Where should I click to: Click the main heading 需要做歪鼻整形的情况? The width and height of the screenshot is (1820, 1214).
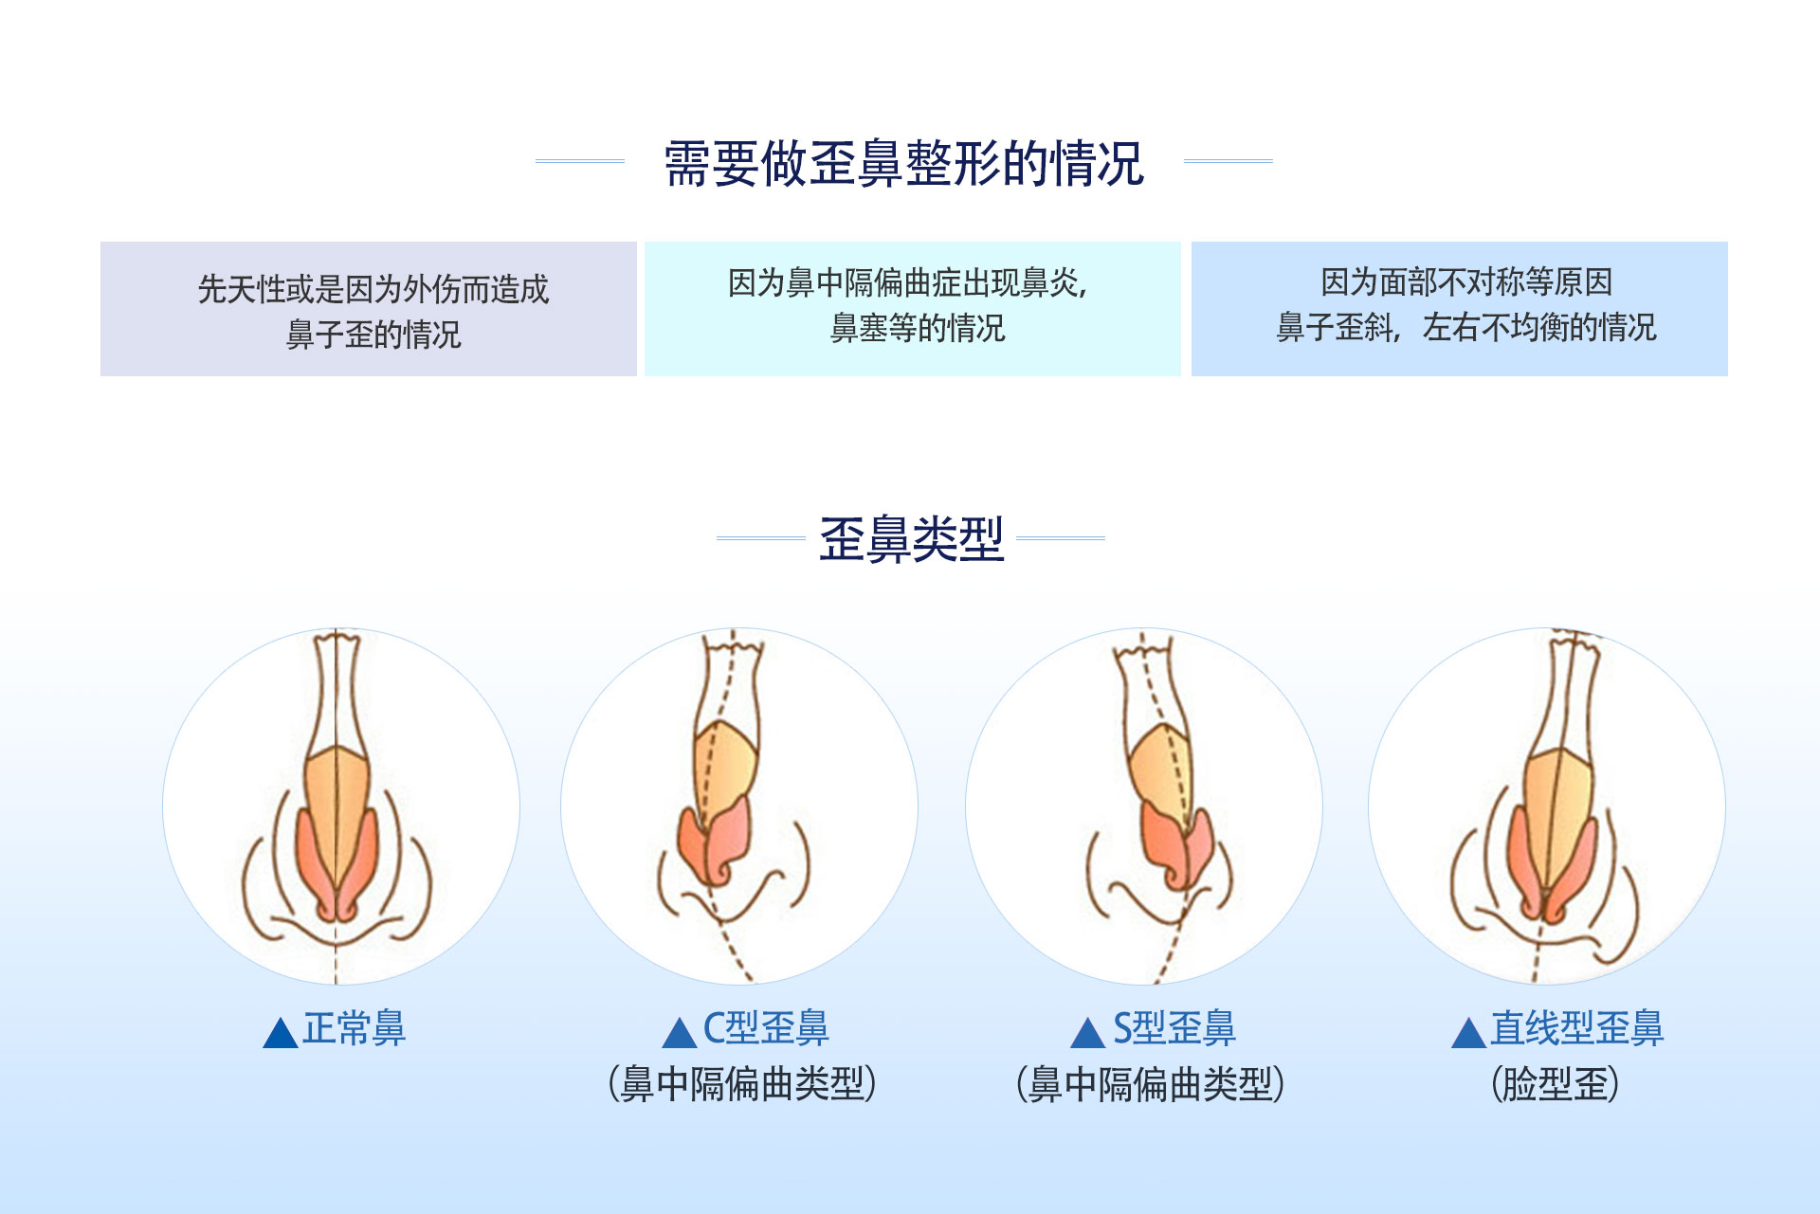tap(904, 163)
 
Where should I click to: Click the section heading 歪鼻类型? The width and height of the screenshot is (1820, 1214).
tap(911, 539)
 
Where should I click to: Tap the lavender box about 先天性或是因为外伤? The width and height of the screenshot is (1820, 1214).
tap(369, 309)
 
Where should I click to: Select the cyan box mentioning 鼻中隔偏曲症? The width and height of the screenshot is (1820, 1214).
tap(913, 309)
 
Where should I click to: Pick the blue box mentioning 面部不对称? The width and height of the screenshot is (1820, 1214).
tap(1460, 309)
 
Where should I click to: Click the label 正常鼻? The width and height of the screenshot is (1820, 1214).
tap(354, 1028)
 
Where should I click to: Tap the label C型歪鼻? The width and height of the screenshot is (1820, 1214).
tap(766, 1028)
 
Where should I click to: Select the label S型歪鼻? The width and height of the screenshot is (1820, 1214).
tap(1174, 1028)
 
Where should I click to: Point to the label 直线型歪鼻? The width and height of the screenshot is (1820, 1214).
tap(1576, 1028)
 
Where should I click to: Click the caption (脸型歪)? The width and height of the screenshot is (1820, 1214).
tap(1556, 1084)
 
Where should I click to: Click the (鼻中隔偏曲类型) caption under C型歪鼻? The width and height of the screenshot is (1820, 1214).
tap(742, 1084)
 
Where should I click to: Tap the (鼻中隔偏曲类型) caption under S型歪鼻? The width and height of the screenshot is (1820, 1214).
tap(1150, 1084)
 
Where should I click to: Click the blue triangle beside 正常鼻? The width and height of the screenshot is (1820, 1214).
tap(281, 1034)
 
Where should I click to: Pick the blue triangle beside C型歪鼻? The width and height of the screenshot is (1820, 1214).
tap(680, 1034)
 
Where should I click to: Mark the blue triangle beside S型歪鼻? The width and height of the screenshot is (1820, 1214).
tap(1088, 1034)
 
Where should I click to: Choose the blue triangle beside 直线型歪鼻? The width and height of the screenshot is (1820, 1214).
tap(1468, 1034)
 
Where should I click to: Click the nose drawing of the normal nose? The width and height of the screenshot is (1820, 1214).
tap(337, 806)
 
